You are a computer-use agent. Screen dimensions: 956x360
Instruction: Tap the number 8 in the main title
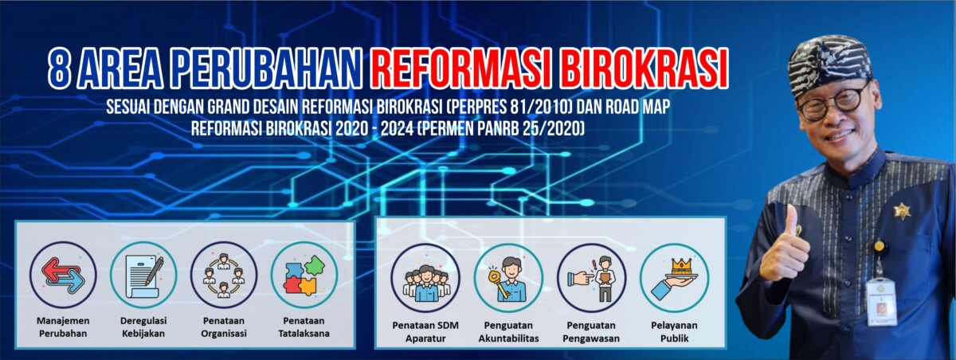point(60,68)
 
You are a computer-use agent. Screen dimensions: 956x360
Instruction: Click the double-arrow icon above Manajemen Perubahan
point(63,275)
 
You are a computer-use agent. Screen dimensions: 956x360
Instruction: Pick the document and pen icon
point(143,275)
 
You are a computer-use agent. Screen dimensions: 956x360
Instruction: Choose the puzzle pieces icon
point(304,275)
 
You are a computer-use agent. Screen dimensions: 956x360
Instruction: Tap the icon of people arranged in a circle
point(224,275)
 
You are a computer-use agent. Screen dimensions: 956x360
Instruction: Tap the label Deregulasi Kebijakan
point(143,327)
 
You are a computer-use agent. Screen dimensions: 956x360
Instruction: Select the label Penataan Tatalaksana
point(304,327)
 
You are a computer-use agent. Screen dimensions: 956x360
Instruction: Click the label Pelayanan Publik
point(674,332)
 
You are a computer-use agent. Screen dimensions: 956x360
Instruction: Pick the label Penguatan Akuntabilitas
point(508,332)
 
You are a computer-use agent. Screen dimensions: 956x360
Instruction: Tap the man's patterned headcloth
point(830,64)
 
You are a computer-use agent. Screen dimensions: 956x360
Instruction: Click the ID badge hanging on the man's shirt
point(881,301)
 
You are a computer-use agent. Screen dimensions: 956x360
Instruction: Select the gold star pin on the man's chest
point(902,210)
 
